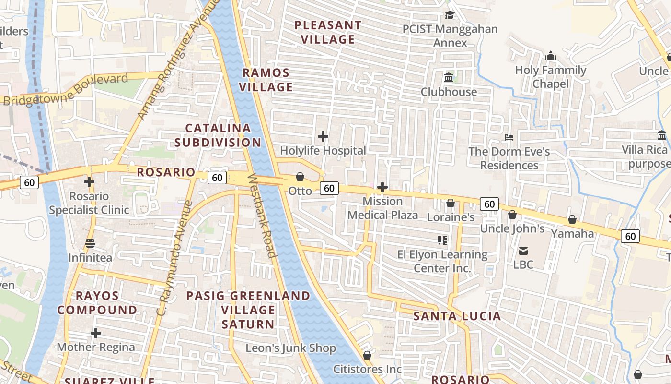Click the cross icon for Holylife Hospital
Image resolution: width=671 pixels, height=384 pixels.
[323, 137]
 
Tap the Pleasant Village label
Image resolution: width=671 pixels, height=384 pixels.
[328, 32]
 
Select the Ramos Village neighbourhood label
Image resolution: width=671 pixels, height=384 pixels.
[266, 80]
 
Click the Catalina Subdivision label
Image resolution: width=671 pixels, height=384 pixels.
[218, 135]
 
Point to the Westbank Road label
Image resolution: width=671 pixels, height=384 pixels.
[262, 216]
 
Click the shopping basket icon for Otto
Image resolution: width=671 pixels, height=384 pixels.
[300, 177]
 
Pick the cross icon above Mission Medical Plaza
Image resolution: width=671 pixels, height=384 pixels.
[382, 187]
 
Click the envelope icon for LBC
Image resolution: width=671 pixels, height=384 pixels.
[523, 251]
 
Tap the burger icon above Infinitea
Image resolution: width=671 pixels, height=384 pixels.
[90, 243]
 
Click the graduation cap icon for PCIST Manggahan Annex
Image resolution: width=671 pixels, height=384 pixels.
[450, 15]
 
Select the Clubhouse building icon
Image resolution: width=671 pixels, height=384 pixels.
[449, 77]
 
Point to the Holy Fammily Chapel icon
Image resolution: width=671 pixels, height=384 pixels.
[551, 56]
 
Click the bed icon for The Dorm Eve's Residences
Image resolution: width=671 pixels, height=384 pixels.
[509, 138]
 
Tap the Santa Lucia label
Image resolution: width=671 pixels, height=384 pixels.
[457, 316]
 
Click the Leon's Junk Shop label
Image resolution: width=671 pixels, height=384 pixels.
[290, 348]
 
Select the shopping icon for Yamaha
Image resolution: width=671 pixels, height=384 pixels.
[572, 220]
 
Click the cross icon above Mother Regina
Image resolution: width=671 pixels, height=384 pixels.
[96, 333]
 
